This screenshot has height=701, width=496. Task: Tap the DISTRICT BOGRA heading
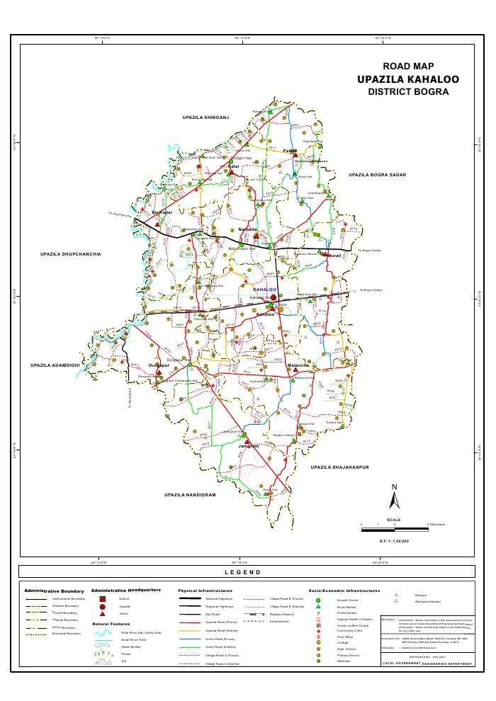pyautogui.click(x=408, y=92)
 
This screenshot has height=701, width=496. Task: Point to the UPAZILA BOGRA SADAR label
pyautogui.click(x=377, y=173)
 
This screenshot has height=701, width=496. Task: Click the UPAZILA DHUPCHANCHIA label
pyautogui.click(x=71, y=253)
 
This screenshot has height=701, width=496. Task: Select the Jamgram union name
pyautogui.click(x=249, y=447)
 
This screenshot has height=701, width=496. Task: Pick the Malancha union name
pyautogui.click(x=298, y=366)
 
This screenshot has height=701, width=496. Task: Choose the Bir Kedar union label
pyautogui.click(x=163, y=212)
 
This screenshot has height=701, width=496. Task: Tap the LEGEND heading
pyautogui.click(x=242, y=572)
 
